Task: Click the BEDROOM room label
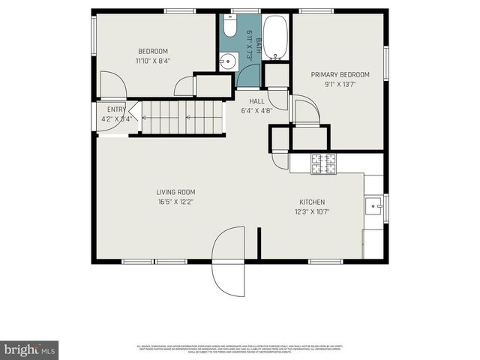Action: tap(152, 51)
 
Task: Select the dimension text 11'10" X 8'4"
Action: tap(152, 61)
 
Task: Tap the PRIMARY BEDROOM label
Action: tap(340, 74)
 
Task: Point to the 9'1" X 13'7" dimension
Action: tap(340, 84)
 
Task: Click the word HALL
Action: tap(256, 101)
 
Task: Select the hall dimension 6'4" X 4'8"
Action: tap(256, 111)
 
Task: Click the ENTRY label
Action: tap(116, 109)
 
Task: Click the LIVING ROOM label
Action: tap(176, 192)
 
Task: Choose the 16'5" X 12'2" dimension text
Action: tap(176, 202)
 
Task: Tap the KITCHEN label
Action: tap(312, 202)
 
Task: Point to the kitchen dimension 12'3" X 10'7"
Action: tap(312, 212)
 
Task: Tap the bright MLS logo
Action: tap(30, 349)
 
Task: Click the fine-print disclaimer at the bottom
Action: tap(240, 349)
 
